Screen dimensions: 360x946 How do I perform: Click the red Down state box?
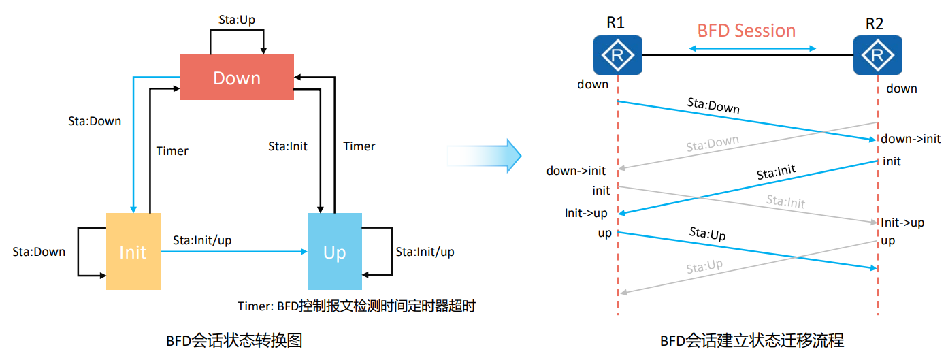click(x=237, y=78)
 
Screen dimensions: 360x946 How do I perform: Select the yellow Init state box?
click(x=133, y=252)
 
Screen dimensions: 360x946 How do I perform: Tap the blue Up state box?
click(x=335, y=252)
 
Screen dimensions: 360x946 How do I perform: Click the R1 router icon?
click(x=617, y=55)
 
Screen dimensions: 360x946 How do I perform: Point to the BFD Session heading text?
click(x=746, y=31)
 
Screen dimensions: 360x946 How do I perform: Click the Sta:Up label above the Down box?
click(x=237, y=20)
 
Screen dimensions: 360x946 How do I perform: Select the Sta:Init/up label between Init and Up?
click(x=202, y=240)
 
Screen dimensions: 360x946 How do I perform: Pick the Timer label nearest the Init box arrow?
click(x=172, y=151)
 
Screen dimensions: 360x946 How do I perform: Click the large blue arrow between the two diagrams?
click(x=484, y=155)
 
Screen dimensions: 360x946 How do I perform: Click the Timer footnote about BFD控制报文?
click(x=356, y=306)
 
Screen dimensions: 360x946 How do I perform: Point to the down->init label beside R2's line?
click(x=911, y=139)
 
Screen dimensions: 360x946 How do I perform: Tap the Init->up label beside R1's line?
click(x=586, y=213)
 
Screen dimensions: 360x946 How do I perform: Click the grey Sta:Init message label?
click(x=785, y=201)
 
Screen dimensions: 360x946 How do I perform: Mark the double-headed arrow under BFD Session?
click(x=752, y=48)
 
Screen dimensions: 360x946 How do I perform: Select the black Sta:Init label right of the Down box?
click(x=288, y=146)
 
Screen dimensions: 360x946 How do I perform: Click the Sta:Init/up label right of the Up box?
click(x=425, y=252)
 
